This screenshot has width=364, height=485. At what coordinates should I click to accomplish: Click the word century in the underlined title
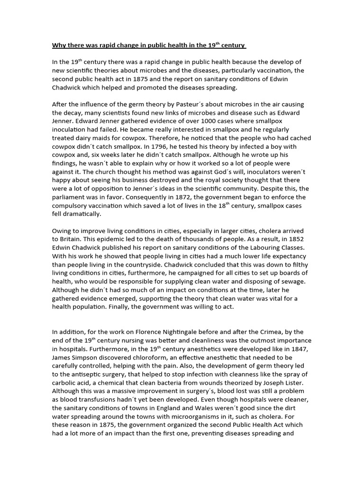coord(233,46)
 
